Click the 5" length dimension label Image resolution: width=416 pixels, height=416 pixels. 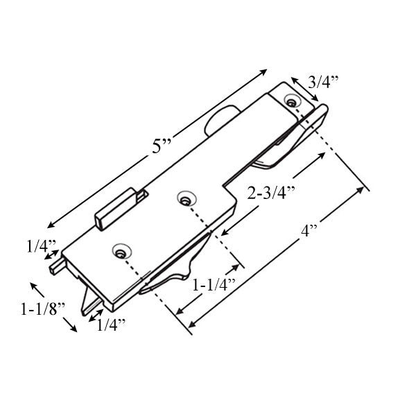coord(162,146)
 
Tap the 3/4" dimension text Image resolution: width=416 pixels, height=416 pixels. coord(322,82)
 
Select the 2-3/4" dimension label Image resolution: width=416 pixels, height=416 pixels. coord(271,193)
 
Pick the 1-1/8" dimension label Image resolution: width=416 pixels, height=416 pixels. coord(42,309)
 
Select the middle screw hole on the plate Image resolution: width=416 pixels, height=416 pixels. coord(184,200)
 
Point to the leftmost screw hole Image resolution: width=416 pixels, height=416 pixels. coord(123,250)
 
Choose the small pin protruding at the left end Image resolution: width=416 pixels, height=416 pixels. coord(53,264)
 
